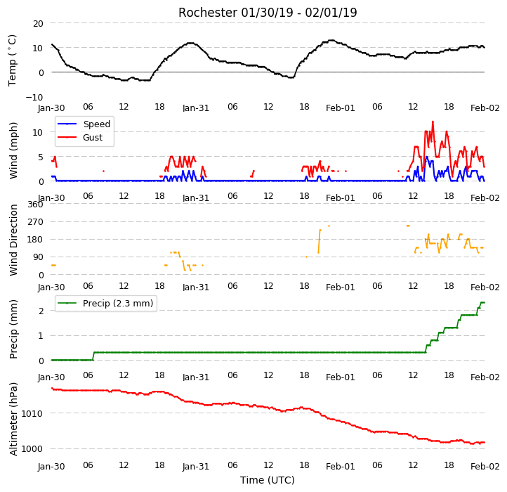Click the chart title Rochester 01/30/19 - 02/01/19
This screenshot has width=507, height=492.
[268, 13]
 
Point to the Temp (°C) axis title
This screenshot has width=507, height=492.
[12, 60]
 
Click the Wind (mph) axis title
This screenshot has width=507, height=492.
[13, 150]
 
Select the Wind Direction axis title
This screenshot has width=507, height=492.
[13, 240]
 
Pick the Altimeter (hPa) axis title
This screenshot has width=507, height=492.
[13, 419]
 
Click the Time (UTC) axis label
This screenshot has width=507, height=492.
[268, 480]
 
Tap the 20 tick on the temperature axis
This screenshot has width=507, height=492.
[38, 24]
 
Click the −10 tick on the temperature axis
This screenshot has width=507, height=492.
[34, 97]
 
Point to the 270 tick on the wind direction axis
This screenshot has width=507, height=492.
[36, 222]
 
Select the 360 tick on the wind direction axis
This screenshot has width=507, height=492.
[36, 205]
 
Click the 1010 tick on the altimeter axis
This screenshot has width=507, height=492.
[32, 414]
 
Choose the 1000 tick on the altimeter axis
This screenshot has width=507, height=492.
[32, 449]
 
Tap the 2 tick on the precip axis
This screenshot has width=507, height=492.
[41, 311]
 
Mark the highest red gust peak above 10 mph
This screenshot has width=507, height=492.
[433, 122]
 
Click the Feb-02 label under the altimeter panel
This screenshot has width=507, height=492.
[485, 467]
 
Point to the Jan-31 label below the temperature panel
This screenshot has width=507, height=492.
[196, 108]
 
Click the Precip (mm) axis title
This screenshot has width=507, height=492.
[13, 329]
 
